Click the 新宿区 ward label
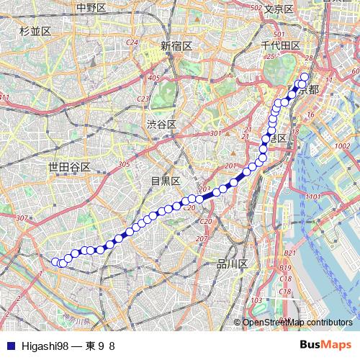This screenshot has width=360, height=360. tap(176, 45)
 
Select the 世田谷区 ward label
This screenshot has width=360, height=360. tap(68, 167)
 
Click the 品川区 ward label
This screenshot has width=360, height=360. tap(233, 264)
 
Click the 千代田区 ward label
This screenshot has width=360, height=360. tap(280, 45)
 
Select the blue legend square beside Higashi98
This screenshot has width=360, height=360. tap(6, 346)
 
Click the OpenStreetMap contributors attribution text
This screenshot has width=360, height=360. tap(297, 323)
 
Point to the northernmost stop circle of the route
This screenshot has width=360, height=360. tap(304, 77)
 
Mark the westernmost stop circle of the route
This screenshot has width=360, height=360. tap(55, 261)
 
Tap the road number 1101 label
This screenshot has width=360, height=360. tap(311, 196)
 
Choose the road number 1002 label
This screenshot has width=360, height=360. tap(341, 146)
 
